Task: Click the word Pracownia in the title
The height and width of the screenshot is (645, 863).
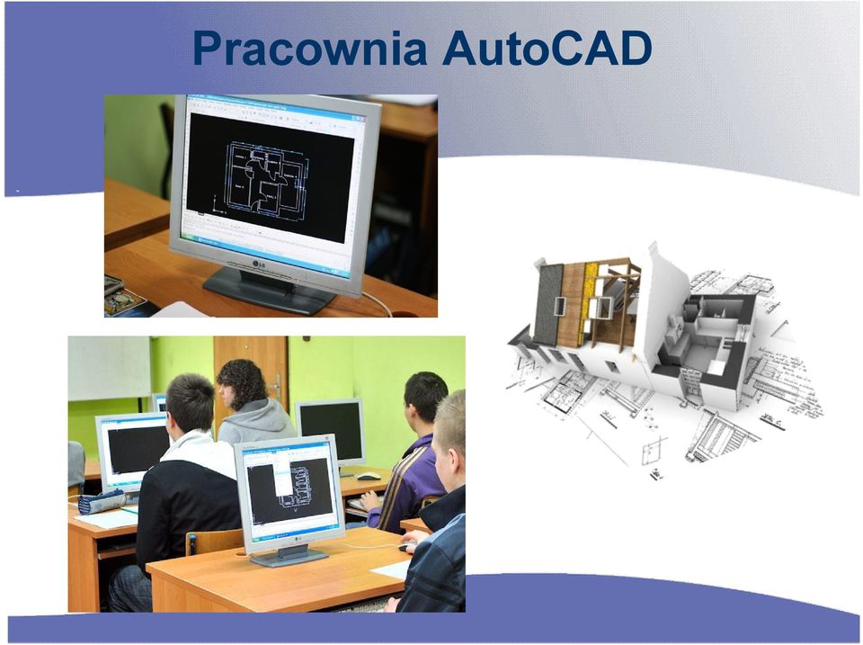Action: click(x=310, y=49)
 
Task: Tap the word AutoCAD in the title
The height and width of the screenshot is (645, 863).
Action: click(x=547, y=48)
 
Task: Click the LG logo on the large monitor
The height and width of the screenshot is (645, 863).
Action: click(x=260, y=264)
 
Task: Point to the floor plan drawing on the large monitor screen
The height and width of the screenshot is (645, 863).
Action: click(x=265, y=177)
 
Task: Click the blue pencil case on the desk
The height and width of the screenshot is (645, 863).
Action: click(x=102, y=502)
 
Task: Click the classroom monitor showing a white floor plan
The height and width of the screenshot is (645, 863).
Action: click(x=289, y=493)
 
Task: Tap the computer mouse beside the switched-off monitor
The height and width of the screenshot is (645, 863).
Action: click(x=369, y=476)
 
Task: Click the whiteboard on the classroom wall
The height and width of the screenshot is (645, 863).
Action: click(x=109, y=368)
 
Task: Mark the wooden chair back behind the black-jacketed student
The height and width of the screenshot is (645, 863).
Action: click(x=215, y=542)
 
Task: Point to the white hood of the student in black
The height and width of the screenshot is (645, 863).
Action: click(x=197, y=450)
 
